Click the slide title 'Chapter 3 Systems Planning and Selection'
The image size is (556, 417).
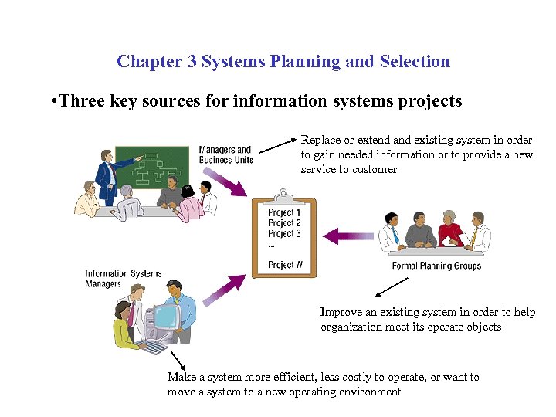point(283,62)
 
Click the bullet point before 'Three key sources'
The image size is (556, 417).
point(51,102)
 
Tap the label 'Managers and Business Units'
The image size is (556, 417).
point(225,154)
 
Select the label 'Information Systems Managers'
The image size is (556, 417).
point(124,279)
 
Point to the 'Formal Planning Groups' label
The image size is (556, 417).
point(436,266)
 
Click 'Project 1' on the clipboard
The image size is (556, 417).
point(283,212)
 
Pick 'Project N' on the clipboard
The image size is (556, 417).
point(285,265)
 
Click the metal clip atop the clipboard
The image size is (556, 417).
point(283,193)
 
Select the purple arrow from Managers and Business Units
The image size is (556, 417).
point(229,181)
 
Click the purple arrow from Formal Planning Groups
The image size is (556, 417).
point(347,235)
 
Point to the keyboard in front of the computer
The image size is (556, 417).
point(154,347)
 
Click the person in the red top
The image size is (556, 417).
point(449,230)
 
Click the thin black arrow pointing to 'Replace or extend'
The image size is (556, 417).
point(278,146)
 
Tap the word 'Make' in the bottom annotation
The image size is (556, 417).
point(180,378)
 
